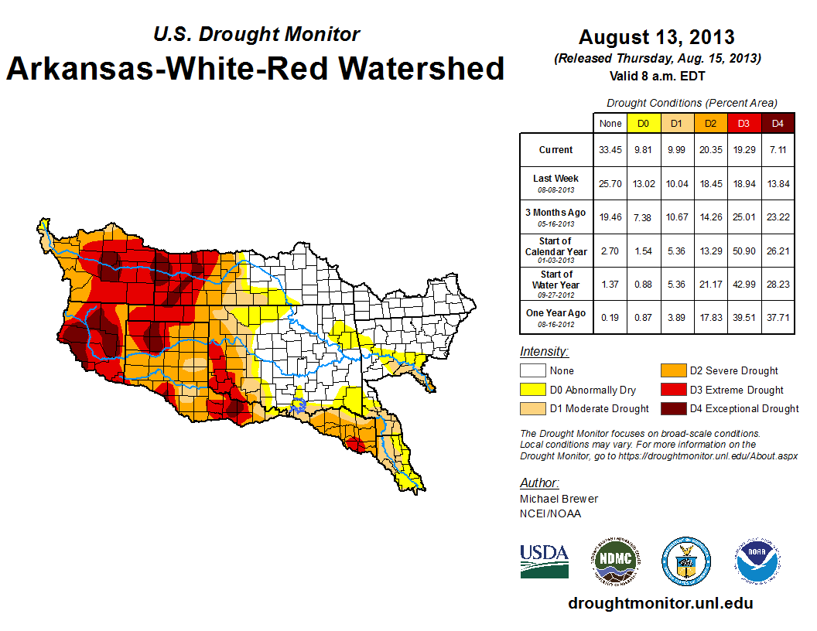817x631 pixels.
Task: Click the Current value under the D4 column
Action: click(x=778, y=150)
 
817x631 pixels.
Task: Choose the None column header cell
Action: click(x=610, y=123)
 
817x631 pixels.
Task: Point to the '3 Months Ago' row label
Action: click(x=556, y=217)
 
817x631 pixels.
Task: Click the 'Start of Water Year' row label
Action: click(x=556, y=284)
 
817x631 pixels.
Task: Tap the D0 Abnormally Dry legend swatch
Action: click(x=532, y=390)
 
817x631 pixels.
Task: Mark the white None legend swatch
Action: click(x=532, y=371)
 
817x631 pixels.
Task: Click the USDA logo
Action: click(x=544, y=560)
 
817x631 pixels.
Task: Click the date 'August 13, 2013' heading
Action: click(x=657, y=36)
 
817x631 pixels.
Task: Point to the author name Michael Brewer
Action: click(x=559, y=499)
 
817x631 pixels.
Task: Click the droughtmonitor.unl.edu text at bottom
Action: click(x=660, y=603)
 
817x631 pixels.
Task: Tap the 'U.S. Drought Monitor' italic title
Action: click(x=257, y=34)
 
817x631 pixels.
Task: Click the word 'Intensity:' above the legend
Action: click(x=544, y=351)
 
